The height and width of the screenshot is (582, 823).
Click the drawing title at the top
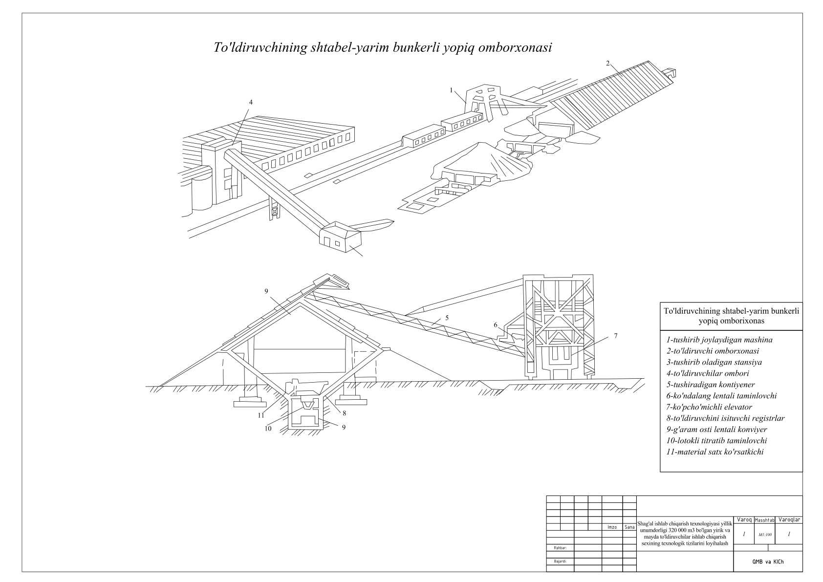(383, 48)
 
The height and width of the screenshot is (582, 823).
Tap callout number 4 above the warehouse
(251, 102)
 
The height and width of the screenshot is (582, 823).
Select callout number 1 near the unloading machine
(452, 90)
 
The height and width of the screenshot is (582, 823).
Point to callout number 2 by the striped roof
(607, 63)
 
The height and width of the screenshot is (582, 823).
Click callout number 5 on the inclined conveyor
(447, 318)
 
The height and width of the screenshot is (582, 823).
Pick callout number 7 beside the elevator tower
(615, 336)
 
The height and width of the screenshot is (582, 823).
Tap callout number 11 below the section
(261, 415)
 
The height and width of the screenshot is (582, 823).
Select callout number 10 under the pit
(268, 429)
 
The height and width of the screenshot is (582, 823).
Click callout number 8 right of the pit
(344, 413)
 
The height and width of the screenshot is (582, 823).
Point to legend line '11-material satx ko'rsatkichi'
(715, 452)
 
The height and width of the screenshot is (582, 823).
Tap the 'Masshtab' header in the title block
(764, 520)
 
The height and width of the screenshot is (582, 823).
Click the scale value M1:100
(765, 535)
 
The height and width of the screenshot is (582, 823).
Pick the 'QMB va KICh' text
(768, 562)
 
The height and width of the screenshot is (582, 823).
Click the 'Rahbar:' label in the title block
(560, 548)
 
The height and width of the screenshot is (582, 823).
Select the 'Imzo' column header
(611, 527)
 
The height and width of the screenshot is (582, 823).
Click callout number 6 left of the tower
(495, 325)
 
